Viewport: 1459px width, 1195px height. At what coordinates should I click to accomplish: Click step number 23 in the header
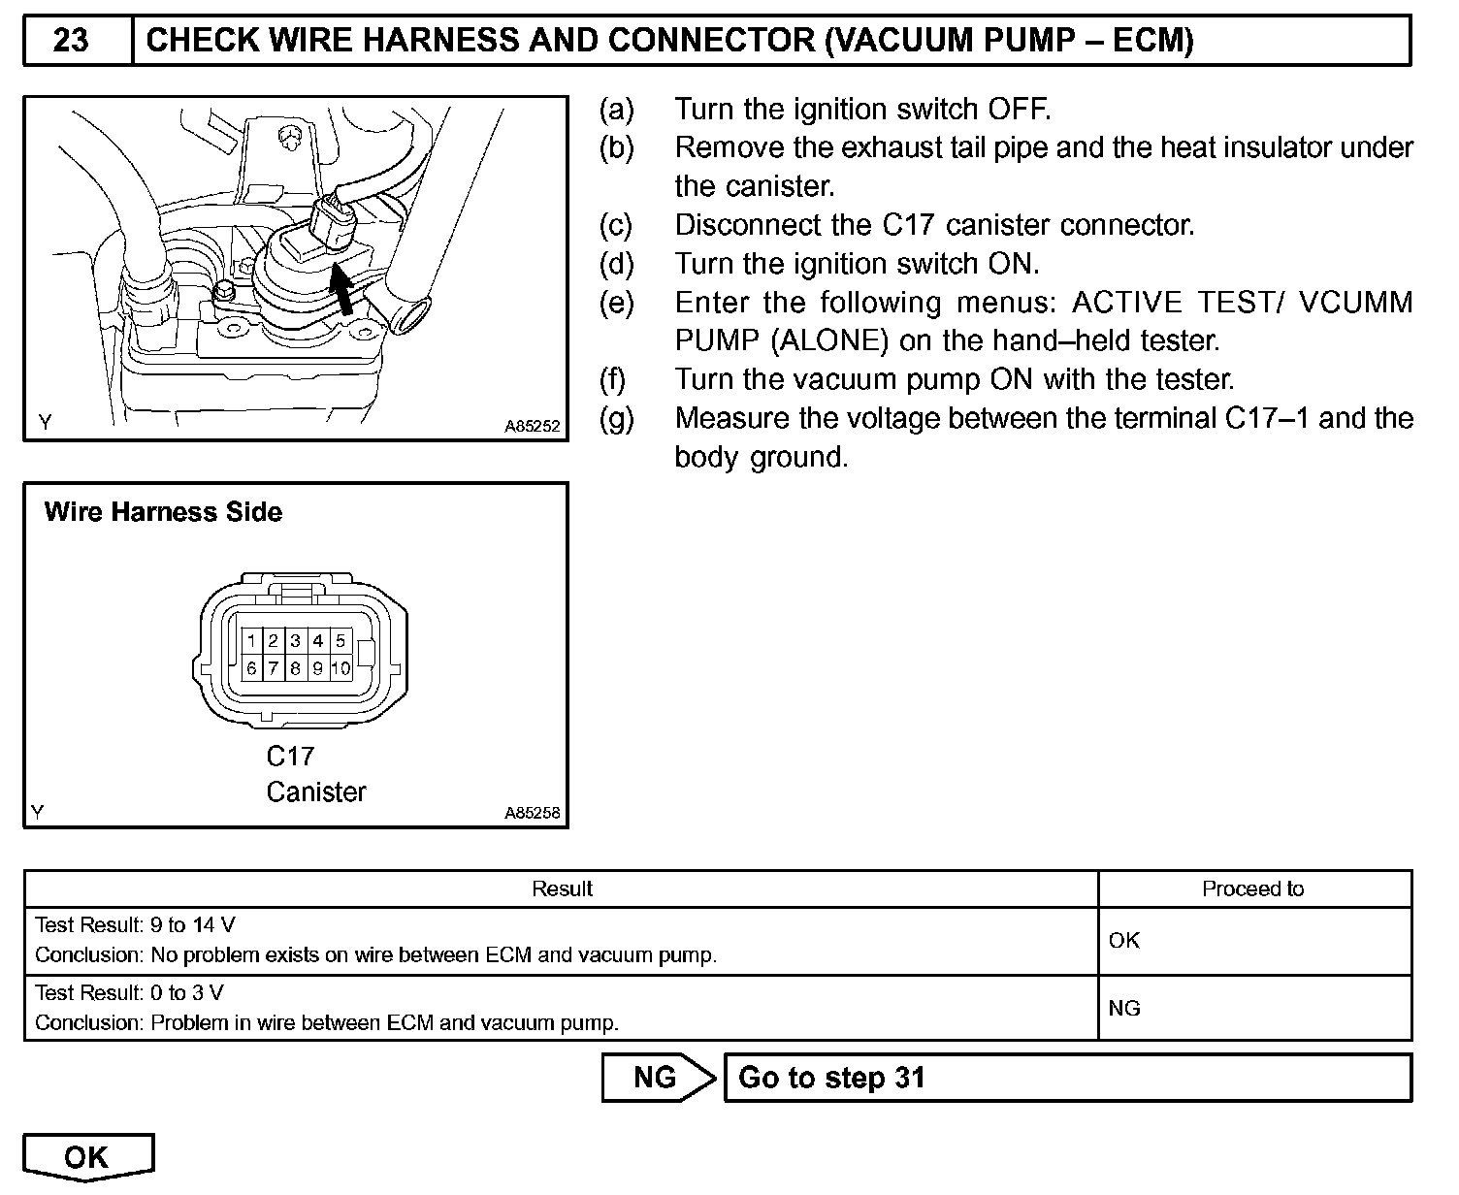pyautogui.click(x=71, y=41)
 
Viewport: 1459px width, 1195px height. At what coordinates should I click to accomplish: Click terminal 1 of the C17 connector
pyautogui.click(x=251, y=640)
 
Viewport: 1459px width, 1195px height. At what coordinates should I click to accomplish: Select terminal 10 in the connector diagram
pyautogui.click(x=340, y=668)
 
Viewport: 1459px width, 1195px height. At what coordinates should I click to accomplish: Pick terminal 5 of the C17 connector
pyautogui.click(x=340, y=640)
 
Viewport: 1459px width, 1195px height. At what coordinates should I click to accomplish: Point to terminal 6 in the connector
pyautogui.click(x=251, y=668)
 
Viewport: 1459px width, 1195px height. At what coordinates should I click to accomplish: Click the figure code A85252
pyautogui.click(x=532, y=426)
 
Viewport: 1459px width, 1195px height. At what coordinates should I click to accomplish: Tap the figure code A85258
pyautogui.click(x=532, y=814)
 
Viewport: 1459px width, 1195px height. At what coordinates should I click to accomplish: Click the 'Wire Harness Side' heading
pyautogui.click(x=163, y=512)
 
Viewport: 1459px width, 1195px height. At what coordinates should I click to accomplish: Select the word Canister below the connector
pyautogui.click(x=316, y=792)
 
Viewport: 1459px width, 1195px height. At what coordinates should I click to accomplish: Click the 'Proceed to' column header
pyautogui.click(x=1253, y=888)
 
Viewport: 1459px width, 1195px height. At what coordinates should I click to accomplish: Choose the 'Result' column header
pyautogui.click(x=563, y=888)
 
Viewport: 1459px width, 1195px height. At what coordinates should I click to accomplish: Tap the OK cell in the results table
pyautogui.click(x=1124, y=940)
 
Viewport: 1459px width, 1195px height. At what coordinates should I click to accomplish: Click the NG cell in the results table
pyautogui.click(x=1124, y=1008)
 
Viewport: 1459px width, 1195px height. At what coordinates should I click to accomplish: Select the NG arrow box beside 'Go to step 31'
pyautogui.click(x=657, y=1078)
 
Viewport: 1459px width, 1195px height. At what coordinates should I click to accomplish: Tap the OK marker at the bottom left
pyautogui.click(x=87, y=1156)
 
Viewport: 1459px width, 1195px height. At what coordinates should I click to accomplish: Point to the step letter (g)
pyautogui.click(x=617, y=419)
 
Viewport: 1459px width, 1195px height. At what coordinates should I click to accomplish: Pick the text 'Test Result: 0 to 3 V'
pyautogui.click(x=130, y=992)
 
